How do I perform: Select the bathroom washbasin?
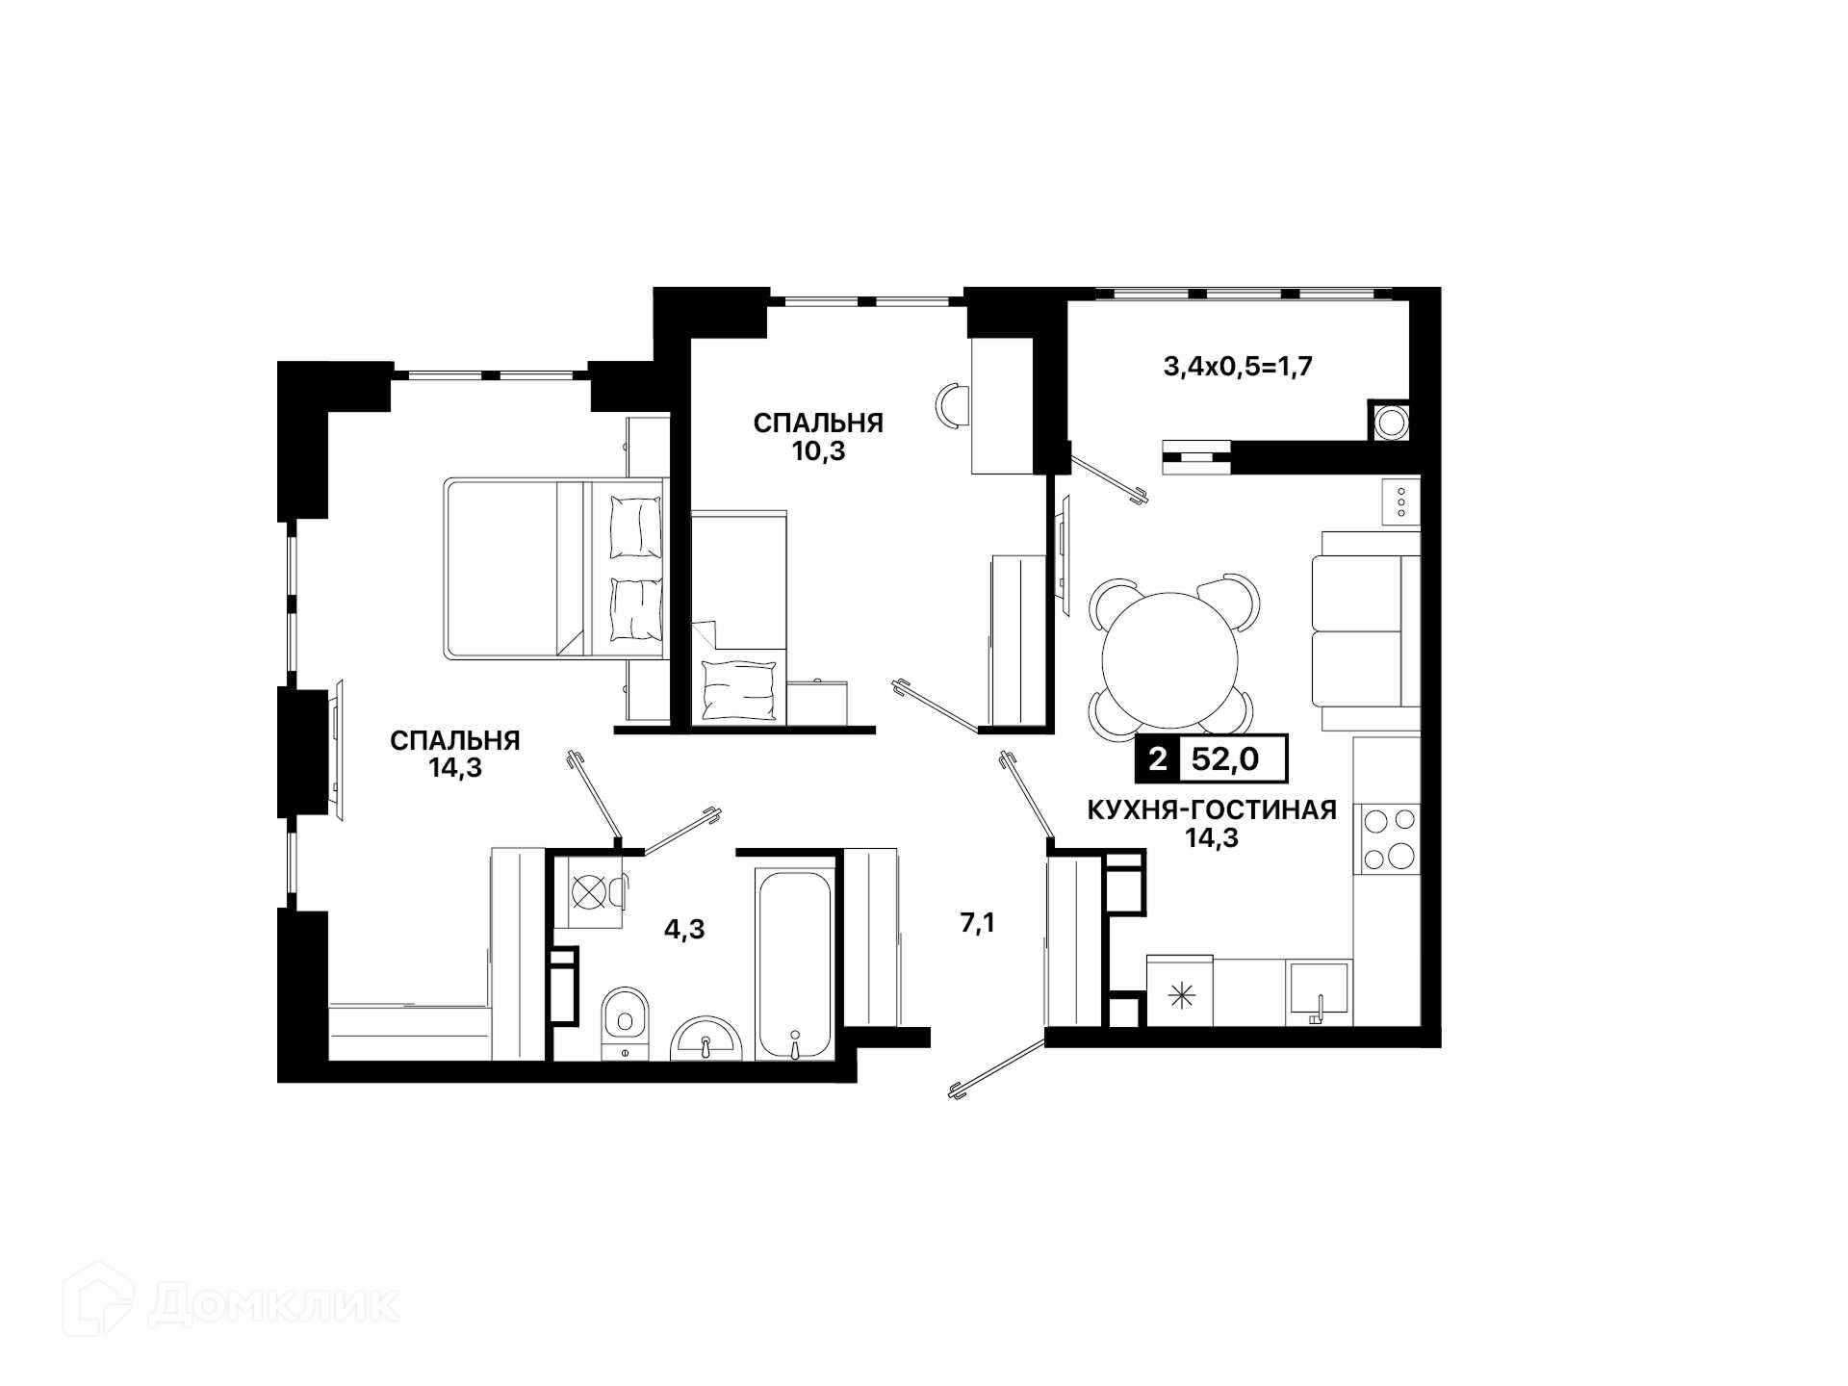click(x=706, y=1038)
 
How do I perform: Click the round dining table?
click(x=1170, y=660)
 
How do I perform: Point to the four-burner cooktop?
click(x=1387, y=838)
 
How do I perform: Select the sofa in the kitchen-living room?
click(x=1366, y=630)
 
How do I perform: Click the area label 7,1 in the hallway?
click(x=977, y=924)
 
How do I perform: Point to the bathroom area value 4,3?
click(x=684, y=929)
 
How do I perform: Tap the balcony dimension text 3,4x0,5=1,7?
click(x=1239, y=367)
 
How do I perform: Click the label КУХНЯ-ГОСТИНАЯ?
click(x=1212, y=810)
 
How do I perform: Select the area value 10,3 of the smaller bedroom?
click(x=818, y=450)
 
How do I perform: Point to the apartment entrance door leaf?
click(x=997, y=1067)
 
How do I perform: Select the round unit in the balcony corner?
click(x=1389, y=422)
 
